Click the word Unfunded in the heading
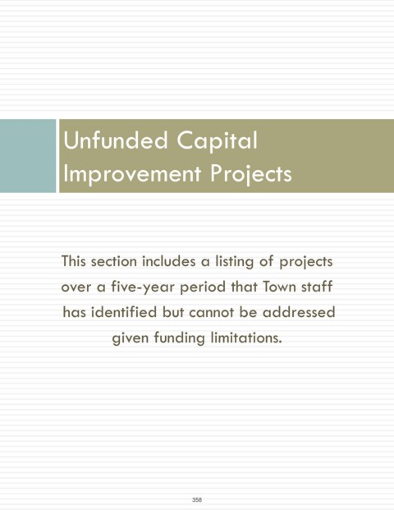(x=116, y=140)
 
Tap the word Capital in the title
(x=218, y=140)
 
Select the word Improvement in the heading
(x=132, y=173)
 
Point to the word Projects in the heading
(x=250, y=173)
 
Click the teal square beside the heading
(x=28, y=156)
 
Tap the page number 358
(x=197, y=499)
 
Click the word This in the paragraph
(x=74, y=261)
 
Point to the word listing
(x=235, y=262)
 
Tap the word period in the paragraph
(x=203, y=287)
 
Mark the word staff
(x=317, y=287)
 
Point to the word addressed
(x=299, y=312)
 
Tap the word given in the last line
(x=130, y=338)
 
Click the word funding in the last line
(x=179, y=338)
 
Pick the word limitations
(x=246, y=338)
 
